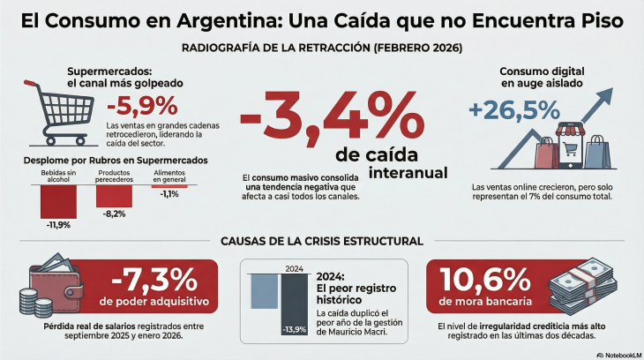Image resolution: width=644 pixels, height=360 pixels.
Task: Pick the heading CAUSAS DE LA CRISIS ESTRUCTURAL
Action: tap(322, 241)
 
